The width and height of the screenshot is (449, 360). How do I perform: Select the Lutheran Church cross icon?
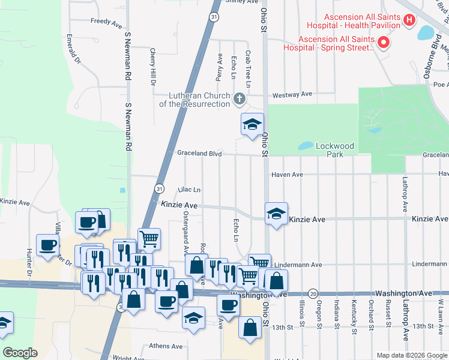[x=239, y=98]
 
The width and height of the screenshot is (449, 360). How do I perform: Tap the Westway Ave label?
[x=292, y=94]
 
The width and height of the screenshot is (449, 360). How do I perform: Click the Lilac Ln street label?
[x=189, y=190]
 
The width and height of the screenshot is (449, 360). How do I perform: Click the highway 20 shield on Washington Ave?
[x=313, y=293]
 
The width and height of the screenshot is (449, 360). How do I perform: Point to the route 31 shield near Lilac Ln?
[x=158, y=188]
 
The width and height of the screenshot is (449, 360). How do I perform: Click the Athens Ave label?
[x=165, y=346]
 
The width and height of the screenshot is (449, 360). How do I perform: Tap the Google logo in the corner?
[x=20, y=353]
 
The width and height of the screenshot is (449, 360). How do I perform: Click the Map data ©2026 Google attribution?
[x=412, y=355]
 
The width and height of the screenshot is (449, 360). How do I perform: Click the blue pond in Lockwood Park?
[x=306, y=146]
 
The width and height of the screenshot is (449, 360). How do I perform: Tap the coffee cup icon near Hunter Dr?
[x=48, y=245]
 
